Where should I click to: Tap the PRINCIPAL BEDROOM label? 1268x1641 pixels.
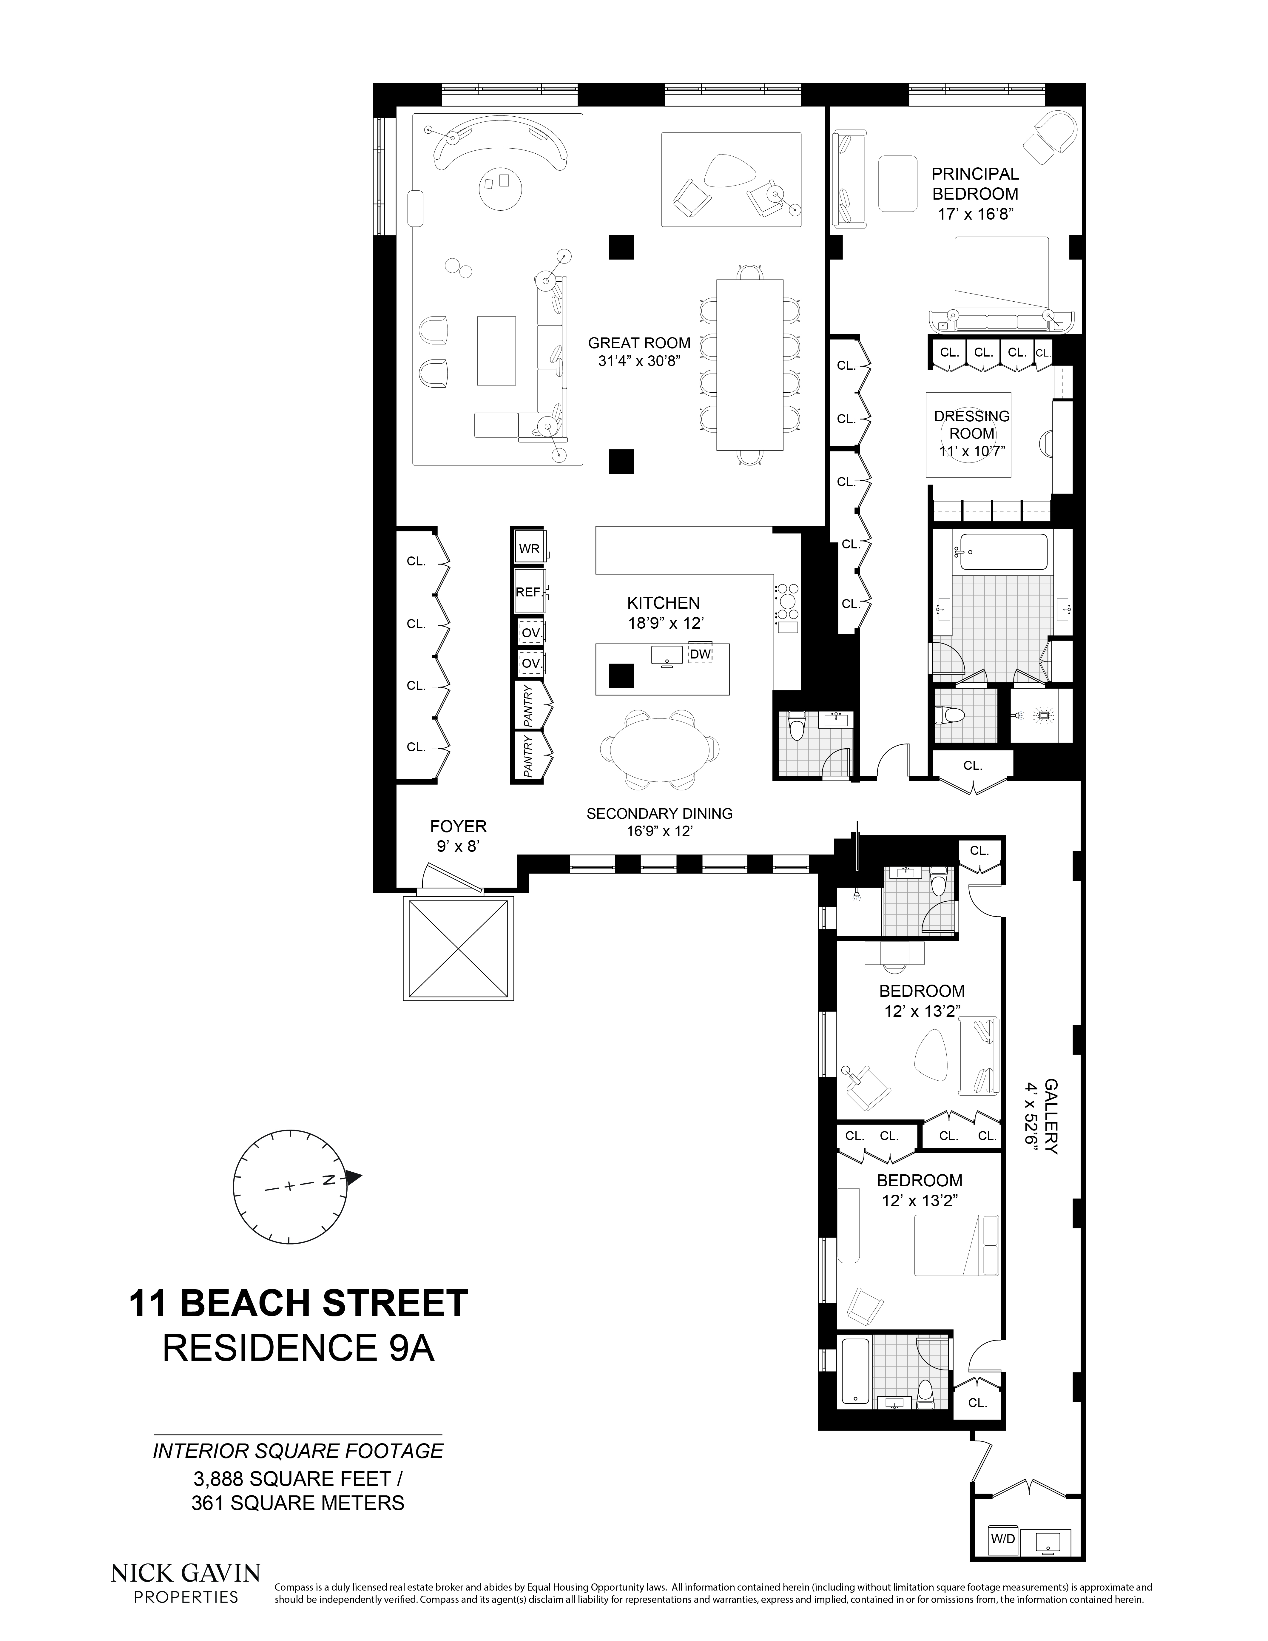pyautogui.click(x=975, y=183)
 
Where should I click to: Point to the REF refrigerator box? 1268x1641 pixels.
pyautogui.click(x=528, y=592)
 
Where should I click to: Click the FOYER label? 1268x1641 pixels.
pyautogui.click(x=458, y=826)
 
